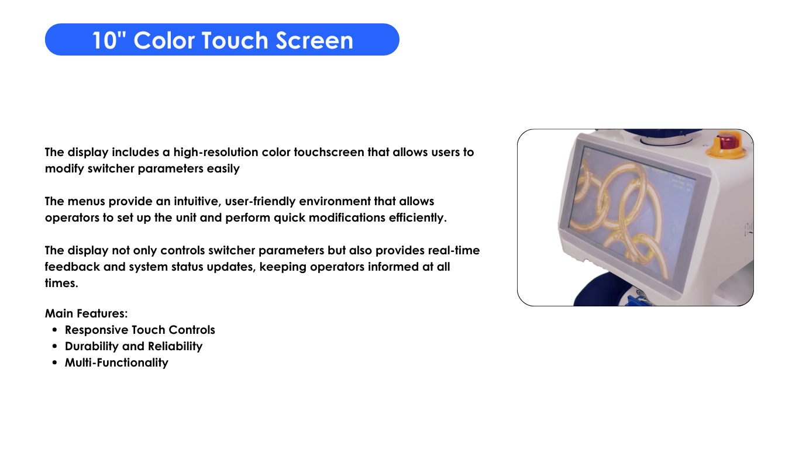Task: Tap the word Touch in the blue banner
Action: pos(235,40)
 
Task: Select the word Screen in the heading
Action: pos(314,40)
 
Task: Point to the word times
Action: pos(61,283)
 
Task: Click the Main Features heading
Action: pos(86,313)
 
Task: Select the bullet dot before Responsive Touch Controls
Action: pos(54,330)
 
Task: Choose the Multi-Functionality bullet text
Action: pos(116,362)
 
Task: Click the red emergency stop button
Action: pos(726,141)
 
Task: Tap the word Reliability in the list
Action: pos(175,347)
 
